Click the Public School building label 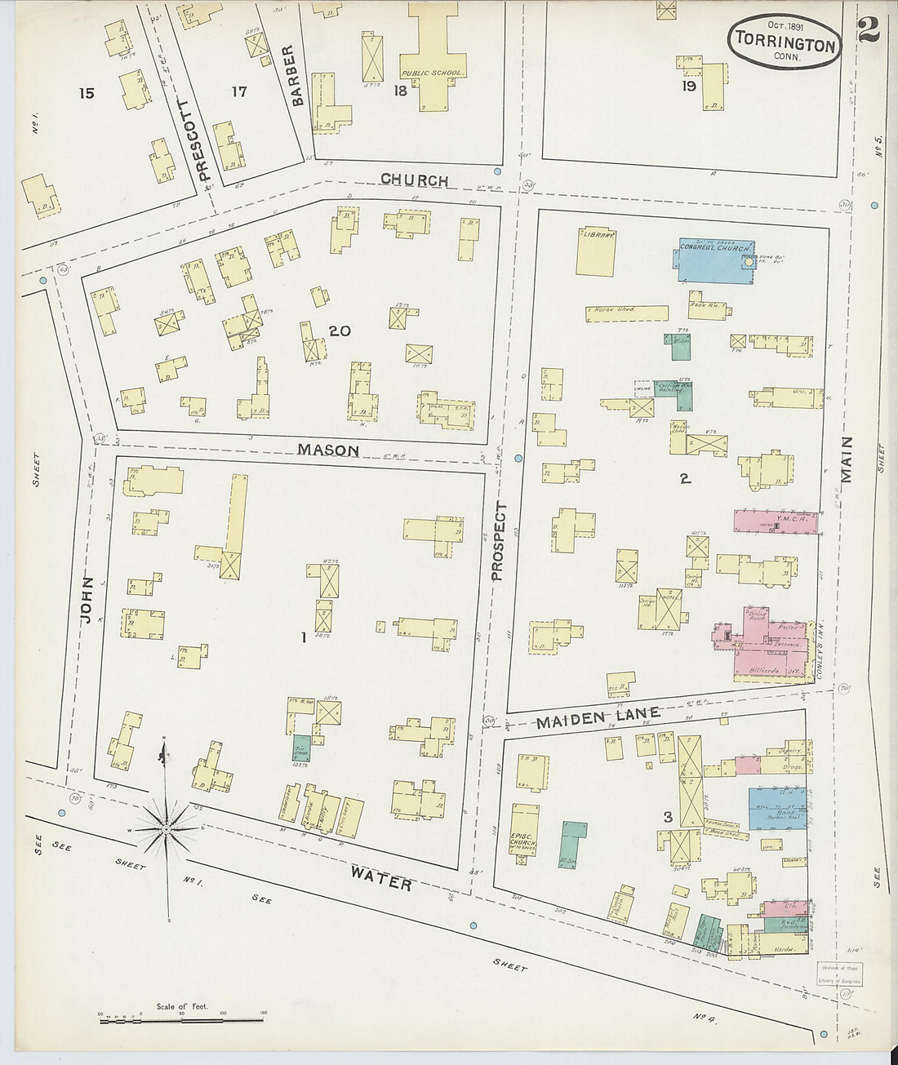pos(433,73)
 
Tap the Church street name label pos(414,180)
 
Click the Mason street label pos(328,450)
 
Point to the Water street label pos(380,878)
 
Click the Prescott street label pos(203,140)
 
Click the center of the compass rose pos(167,828)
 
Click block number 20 pos(340,331)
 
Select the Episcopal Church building pos(524,834)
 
